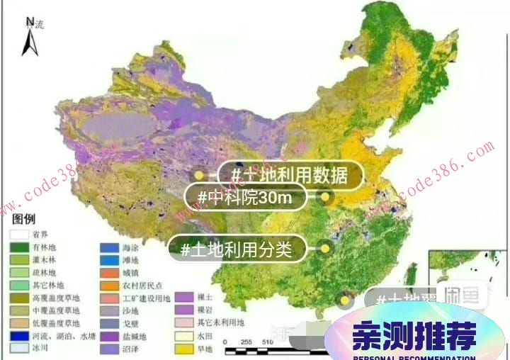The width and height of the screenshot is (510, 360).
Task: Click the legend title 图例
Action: tap(23, 218)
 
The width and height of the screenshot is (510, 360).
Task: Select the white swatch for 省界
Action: tap(19, 233)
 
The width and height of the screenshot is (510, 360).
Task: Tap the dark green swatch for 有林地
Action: tap(19, 247)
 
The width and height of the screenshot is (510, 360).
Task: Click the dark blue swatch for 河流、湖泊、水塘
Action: tap(19, 336)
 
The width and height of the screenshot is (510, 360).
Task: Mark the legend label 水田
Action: tap(205, 336)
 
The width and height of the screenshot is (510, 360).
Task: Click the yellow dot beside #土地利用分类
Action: tap(326, 249)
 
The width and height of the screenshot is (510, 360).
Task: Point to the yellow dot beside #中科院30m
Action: tap(326, 198)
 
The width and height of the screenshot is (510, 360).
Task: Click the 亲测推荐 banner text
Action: tap(415, 337)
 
